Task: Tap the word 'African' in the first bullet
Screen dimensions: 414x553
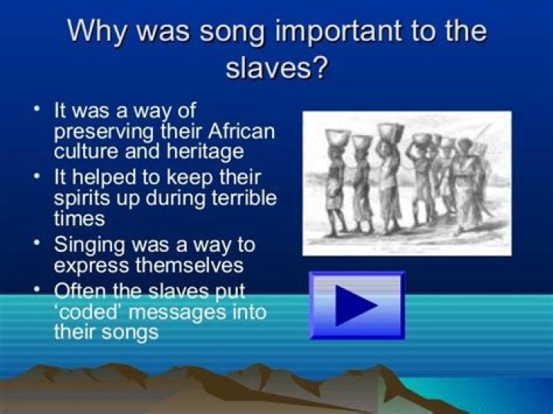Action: click(238, 130)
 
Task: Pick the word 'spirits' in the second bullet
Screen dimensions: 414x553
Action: click(83, 197)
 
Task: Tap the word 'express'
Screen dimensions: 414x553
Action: click(87, 266)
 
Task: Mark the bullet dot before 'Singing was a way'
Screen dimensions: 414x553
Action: click(37, 243)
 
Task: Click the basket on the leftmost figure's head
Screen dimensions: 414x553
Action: click(337, 138)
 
